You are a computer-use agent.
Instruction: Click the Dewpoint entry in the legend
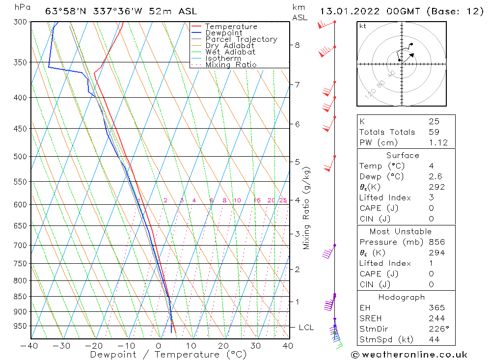pyautogui.click(x=223, y=33)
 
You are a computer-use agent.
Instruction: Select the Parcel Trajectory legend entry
pyautogui.click(x=241, y=39)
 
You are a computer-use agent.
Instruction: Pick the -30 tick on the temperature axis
pyautogui.click(x=62, y=346)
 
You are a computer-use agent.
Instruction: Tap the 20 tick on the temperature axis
pyautogui.click(x=223, y=346)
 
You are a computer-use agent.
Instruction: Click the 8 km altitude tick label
pyautogui.click(x=297, y=45)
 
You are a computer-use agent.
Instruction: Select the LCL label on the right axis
pyautogui.click(x=306, y=328)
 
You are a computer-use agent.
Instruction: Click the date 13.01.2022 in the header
pyautogui.click(x=347, y=11)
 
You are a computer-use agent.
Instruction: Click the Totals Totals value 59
pyautogui.click(x=434, y=132)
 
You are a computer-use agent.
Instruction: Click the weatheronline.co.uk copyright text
pyautogui.click(x=409, y=355)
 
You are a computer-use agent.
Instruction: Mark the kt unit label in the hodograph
pyautogui.click(x=363, y=26)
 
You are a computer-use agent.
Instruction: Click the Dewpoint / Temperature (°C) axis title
pyautogui.click(x=168, y=355)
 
